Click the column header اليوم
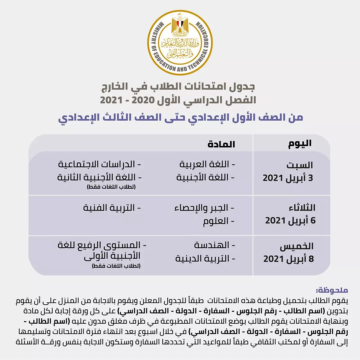300,144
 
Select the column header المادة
221,144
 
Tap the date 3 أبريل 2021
288,178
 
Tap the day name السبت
300,165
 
